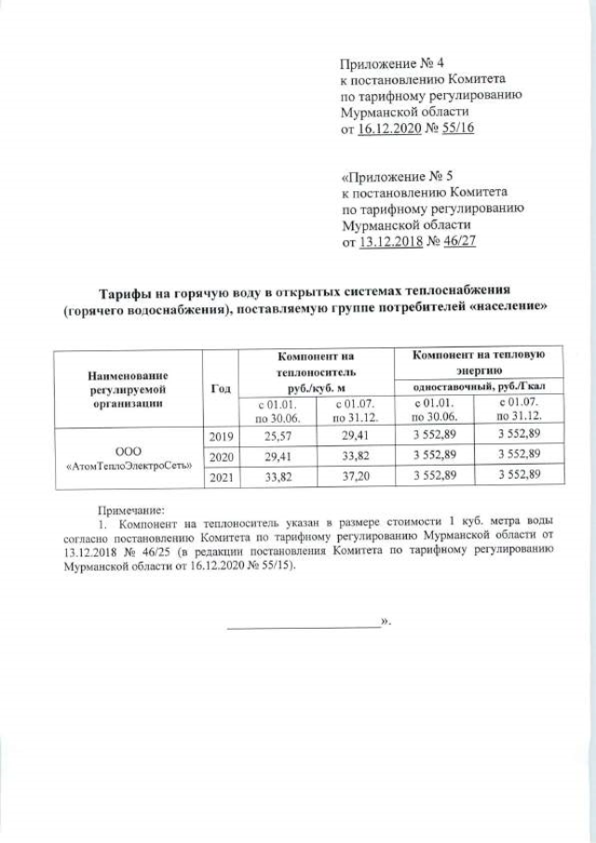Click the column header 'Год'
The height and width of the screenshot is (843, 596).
tap(221, 388)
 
